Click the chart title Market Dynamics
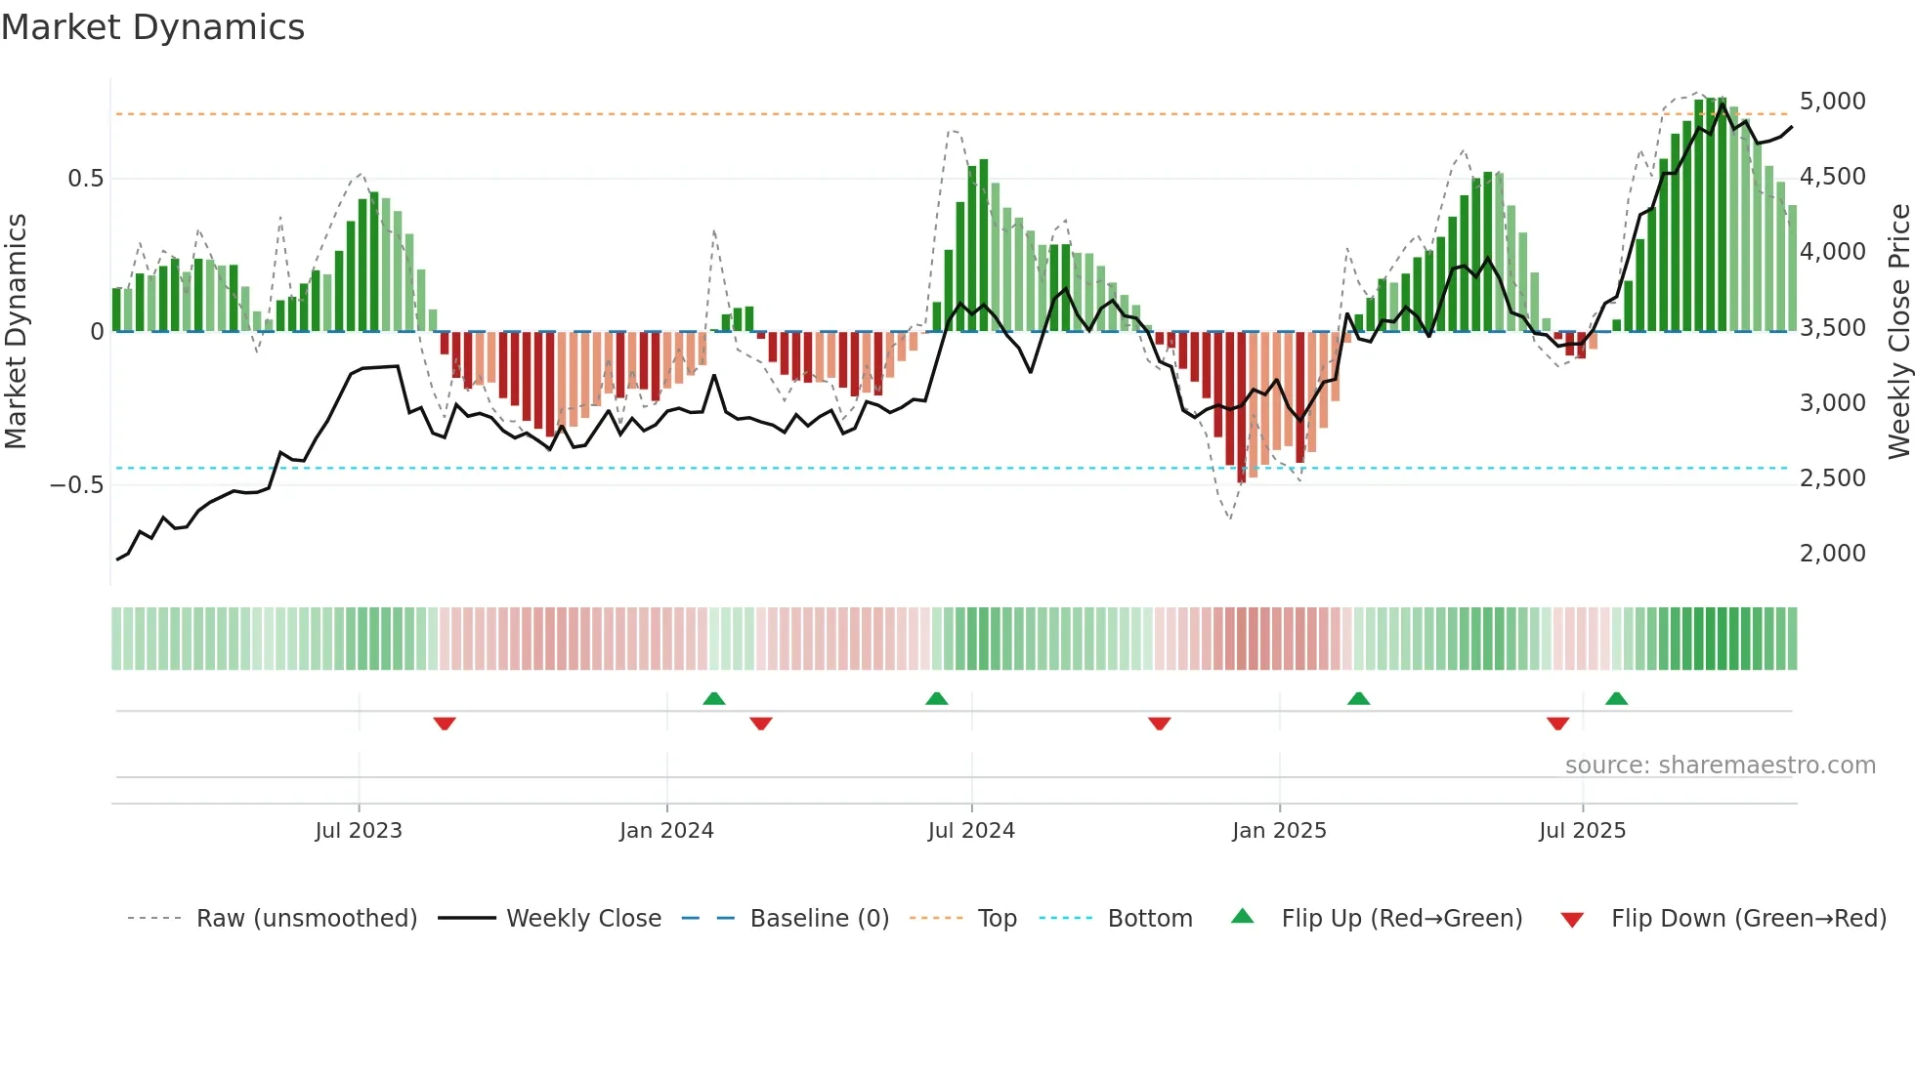click(x=153, y=27)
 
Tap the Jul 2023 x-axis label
click(x=359, y=831)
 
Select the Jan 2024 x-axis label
click(x=666, y=831)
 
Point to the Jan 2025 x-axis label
click(x=1279, y=831)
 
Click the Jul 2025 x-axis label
click(x=1582, y=831)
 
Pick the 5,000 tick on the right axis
click(x=1832, y=102)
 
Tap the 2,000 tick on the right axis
click(x=1832, y=554)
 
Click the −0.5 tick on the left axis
click(x=76, y=485)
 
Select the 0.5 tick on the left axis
click(x=85, y=179)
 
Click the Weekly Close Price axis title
click(x=1898, y=331)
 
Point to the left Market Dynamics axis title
click(x=16, y=331)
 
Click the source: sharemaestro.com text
click(x=1720, y=766)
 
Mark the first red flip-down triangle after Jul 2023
click(x=445, y=724)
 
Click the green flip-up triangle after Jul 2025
click(x=1616, y=698)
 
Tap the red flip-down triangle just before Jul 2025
click(x=1557, y=724)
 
